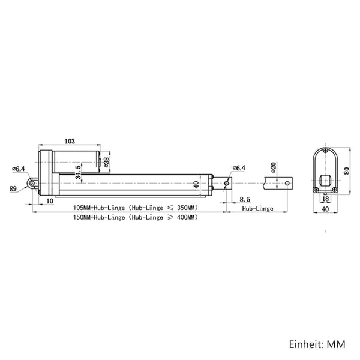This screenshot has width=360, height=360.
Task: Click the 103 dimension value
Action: pos(70,141)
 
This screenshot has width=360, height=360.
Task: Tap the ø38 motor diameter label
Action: pos(107,162)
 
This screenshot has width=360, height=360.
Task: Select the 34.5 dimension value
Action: pos(78,172)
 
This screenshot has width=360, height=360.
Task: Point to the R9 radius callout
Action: pos(13,189)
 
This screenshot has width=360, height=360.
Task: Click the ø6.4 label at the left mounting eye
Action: pos(19,169)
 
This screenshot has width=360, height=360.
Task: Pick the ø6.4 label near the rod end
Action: pos(239,168)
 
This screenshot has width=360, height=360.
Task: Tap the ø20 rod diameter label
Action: pos(273,167)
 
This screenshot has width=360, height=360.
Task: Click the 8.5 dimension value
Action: pos(245,199)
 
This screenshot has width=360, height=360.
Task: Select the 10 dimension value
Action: pos(50,201)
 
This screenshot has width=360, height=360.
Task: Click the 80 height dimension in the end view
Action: pos(346,171)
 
